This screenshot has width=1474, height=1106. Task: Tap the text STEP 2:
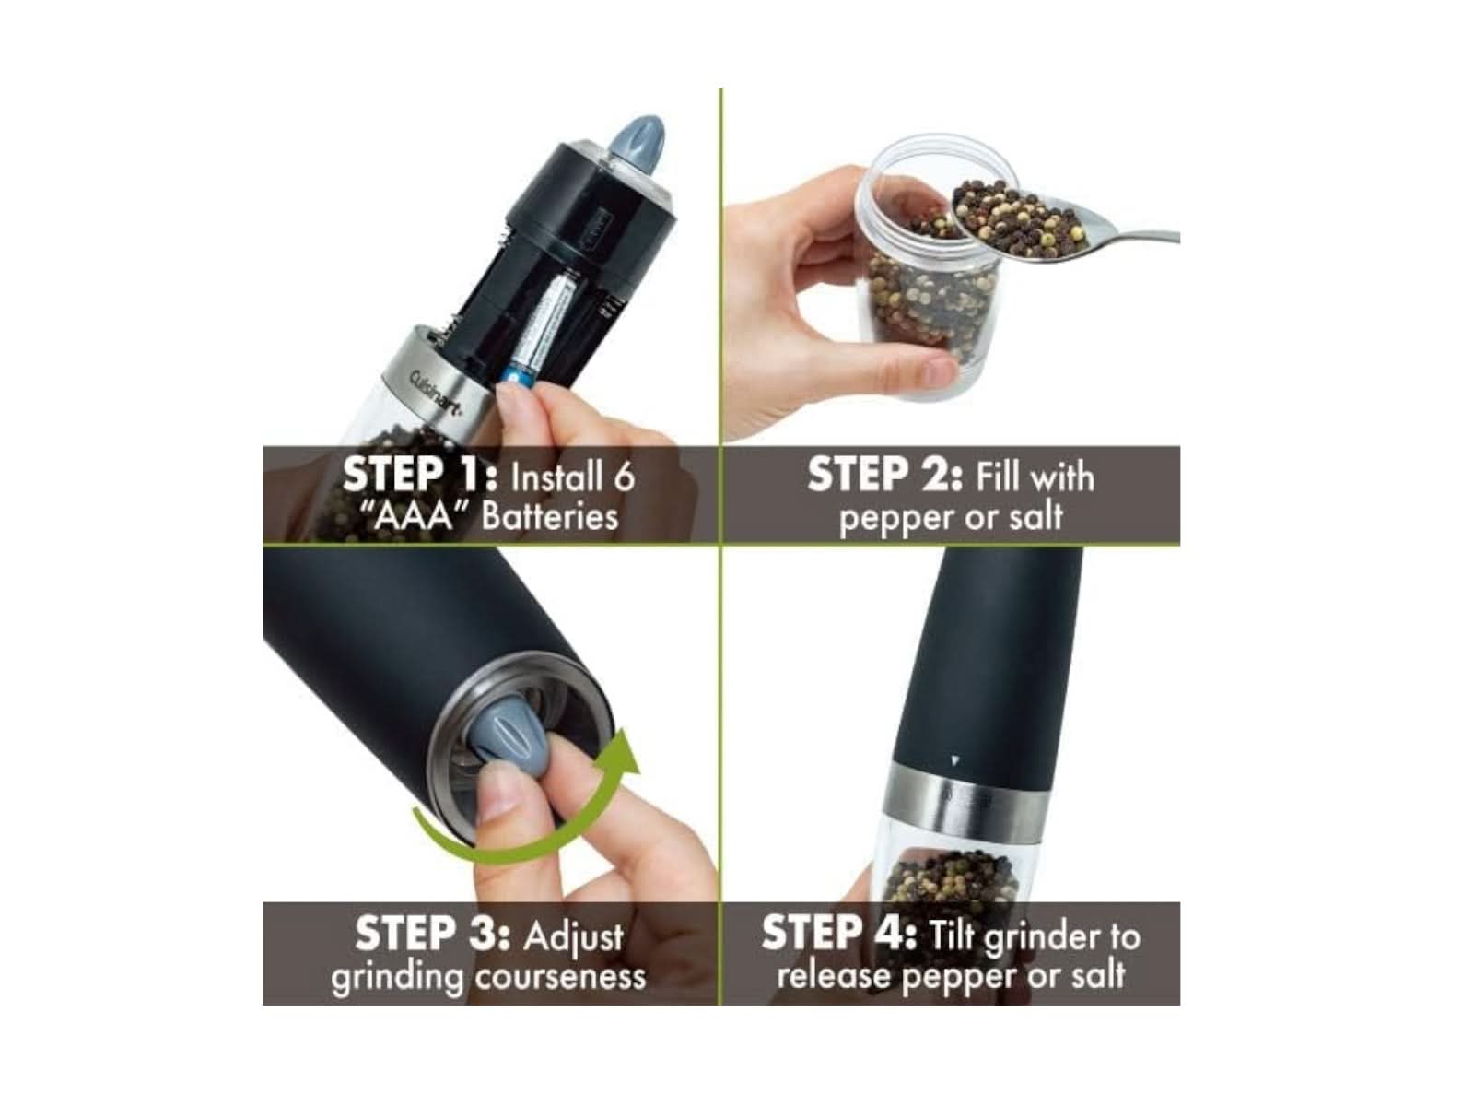(x=885, y=476)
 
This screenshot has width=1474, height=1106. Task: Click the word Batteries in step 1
(x=550, y=517)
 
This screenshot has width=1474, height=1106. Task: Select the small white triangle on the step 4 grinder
(x=955, y=761)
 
